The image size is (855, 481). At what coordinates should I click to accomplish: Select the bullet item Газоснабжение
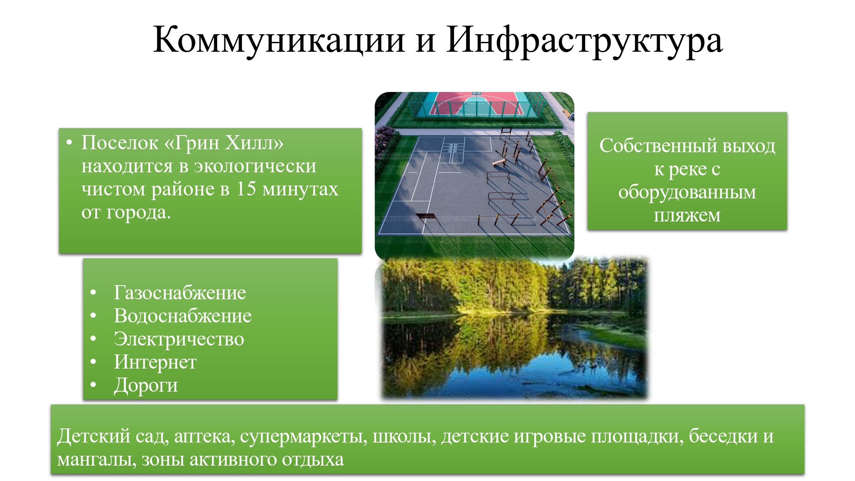coord(180,293)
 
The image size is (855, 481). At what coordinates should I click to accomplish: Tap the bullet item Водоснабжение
coord(183,316)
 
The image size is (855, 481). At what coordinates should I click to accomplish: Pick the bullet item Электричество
coord(179,339)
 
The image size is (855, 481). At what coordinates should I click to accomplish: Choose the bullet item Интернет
coord(155,362)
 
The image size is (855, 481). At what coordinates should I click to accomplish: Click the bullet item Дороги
coord(145,385)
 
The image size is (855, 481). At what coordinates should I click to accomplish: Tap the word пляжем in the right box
coord(687,215)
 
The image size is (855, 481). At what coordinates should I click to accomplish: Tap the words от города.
coord(126,212)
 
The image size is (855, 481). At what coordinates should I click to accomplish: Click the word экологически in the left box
coord(255,166)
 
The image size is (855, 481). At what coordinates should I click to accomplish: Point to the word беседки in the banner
coord(723,436)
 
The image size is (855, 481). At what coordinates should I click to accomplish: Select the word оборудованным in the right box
coord(687,192)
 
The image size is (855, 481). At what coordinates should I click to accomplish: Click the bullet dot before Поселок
coord(69,143)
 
